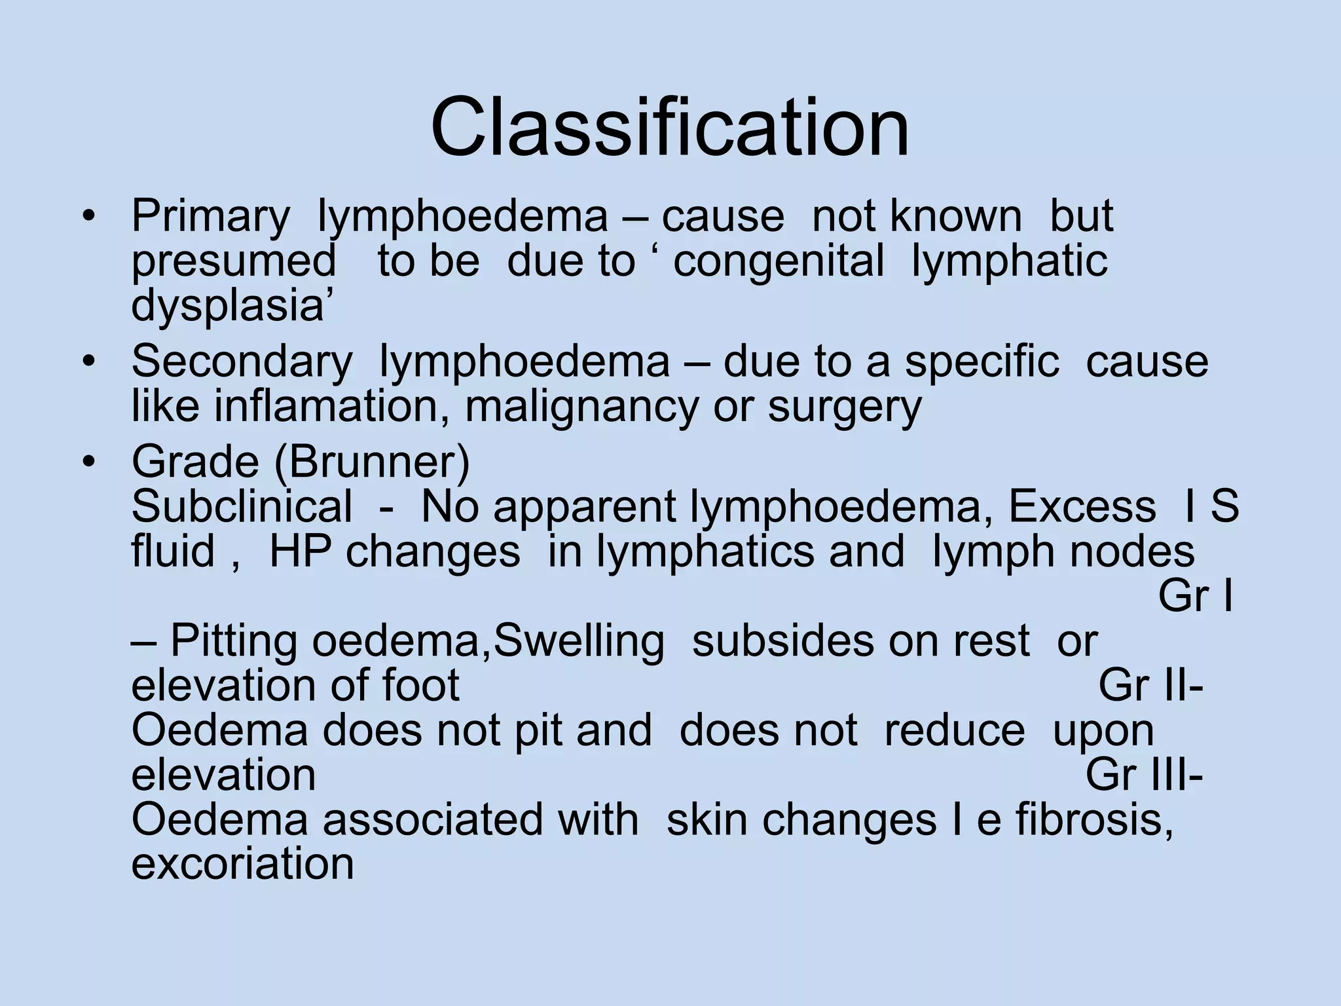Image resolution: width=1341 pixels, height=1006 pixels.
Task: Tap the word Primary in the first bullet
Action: coord(210,217)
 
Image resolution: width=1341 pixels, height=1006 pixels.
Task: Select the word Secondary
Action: coord(242,362)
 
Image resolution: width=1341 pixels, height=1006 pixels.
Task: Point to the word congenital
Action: coord(779,261)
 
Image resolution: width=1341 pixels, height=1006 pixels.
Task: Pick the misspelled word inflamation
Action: coord(325,407)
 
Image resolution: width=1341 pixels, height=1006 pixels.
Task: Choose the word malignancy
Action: coord(581,407)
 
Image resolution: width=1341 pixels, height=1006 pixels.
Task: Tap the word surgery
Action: coord(845,407)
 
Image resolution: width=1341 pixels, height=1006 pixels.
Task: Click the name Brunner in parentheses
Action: coord(372,462)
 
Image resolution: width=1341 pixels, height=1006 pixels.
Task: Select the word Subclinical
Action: coord(242,507)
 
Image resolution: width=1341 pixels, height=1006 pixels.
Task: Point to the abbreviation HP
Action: coord(299,551)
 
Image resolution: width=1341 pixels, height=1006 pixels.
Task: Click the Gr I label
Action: coord(1196,596)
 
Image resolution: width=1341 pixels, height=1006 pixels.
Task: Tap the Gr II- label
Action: coord(1150,686)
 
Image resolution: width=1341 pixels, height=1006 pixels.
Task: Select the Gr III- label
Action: coord(1144,775)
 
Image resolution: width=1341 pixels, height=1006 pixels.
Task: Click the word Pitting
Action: coord(236,641)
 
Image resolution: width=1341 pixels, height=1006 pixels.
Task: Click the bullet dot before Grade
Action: coord(89,462)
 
